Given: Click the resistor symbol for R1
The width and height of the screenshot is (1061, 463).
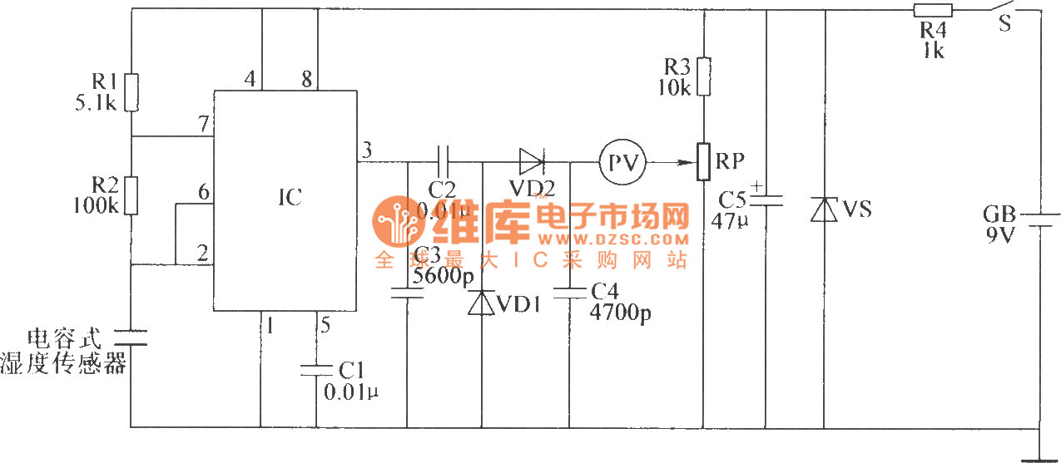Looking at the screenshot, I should (x=131, y=92).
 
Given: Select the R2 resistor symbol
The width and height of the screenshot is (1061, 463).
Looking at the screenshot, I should (x=131, y=195).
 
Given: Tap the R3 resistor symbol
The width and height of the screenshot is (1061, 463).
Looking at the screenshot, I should (x=704, y=76).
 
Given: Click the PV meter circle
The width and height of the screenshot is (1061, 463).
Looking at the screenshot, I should (x=622, y=162).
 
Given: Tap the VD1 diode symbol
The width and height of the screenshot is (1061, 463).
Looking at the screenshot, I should (x=483, y=303).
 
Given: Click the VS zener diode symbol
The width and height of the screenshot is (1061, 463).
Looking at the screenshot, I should (x=824, y=209).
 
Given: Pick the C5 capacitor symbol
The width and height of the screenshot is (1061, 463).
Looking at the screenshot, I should (x=765, y=199).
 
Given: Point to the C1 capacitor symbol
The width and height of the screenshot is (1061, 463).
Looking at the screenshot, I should (x=317, y=370).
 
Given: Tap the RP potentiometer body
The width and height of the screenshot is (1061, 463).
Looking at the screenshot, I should (x=704, y=161).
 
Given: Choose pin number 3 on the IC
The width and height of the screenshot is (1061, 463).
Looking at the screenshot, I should (x=367, y=150).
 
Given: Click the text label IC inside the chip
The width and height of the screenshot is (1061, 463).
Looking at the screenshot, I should (x=290, y=198).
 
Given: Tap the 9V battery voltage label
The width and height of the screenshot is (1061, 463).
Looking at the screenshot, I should (x=1000, y=237).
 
